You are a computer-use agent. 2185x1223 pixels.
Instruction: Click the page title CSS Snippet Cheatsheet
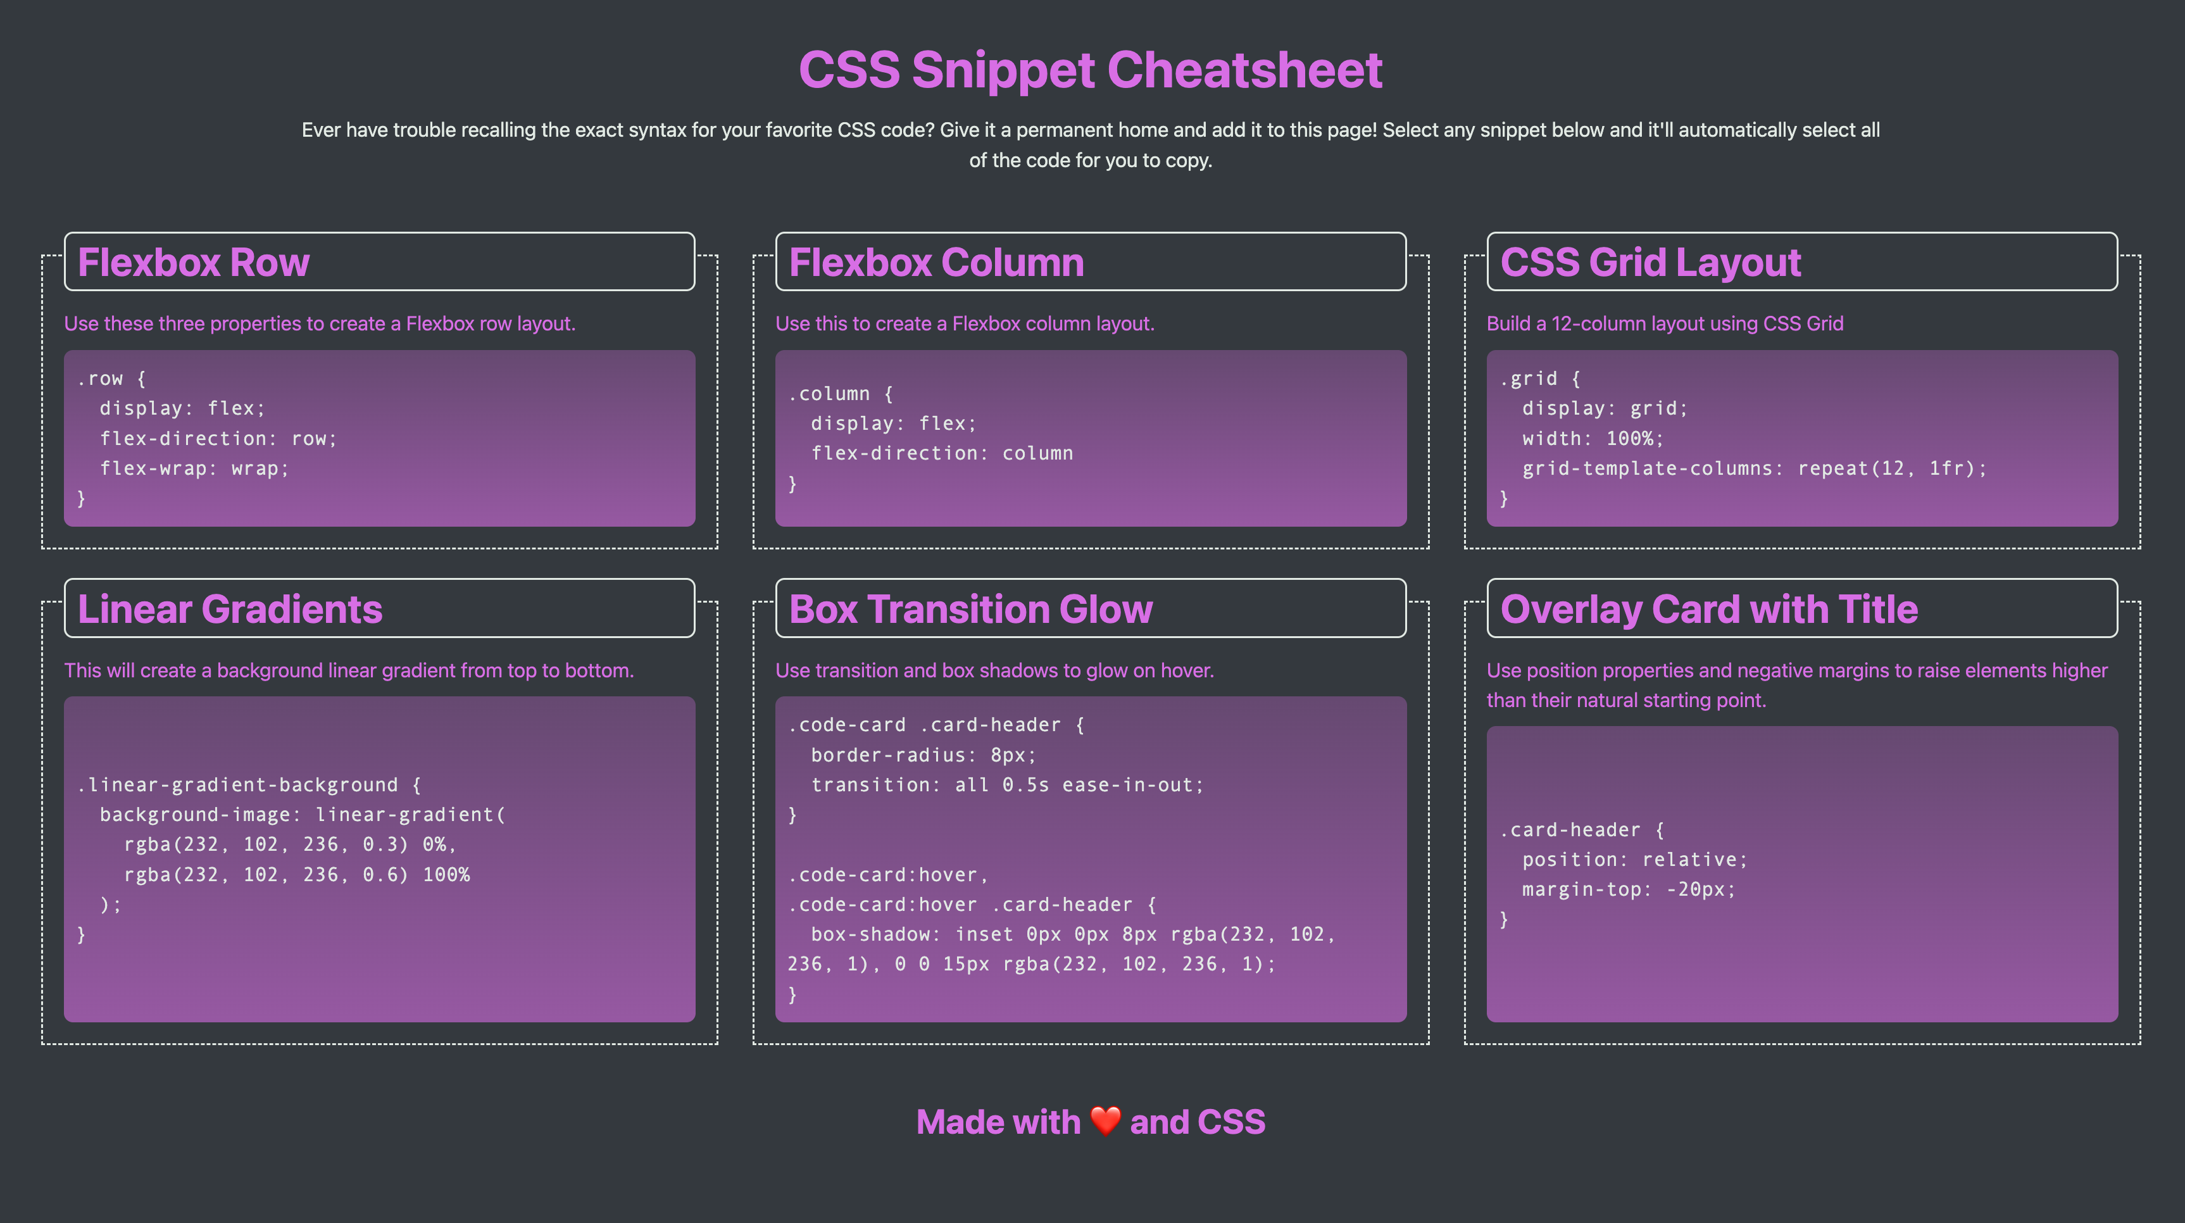pyautogui.click(x=1090, y=70)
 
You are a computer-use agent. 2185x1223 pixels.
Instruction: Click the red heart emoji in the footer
pyautogui.click(x=1105, y=1120)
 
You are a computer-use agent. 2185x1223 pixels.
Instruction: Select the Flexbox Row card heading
pyautogui.click(x=194, y=262)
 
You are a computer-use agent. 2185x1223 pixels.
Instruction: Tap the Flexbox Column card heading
pyautogui.click(x=936, y=262)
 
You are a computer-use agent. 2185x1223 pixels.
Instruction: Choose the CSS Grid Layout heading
pyautogui.click(x=1650, y=262)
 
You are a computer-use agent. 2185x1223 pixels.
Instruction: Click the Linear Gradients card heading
pyautogui.click(x=230, y=609)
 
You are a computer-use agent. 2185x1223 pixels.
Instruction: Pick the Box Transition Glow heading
pyautogui.click(x=970, y=609)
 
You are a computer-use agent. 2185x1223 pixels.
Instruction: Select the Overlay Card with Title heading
pyautogui.click(x=1708, y=609)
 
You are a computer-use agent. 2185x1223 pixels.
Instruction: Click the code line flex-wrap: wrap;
pyautogui.click(x=194, y=468)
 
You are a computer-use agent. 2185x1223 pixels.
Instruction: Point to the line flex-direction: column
pyautogui.click(x=941, y=453)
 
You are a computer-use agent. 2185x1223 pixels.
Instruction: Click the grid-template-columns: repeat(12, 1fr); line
pyautogui.click(x=1753, y=468)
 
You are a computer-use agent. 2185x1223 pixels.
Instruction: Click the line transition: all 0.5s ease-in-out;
pyautogui.click(x=1007, y=784)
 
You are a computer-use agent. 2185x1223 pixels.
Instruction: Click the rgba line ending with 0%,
pyautogui.click(x=290, y=844)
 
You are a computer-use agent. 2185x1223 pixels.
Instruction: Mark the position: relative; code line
pyautogui.click(x=1634, y=859)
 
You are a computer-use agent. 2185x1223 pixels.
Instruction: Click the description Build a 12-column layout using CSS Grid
pyautogui.click(x=1664, y=323)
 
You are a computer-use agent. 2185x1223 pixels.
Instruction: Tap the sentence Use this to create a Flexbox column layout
pyautogui.click(x=965, y=323)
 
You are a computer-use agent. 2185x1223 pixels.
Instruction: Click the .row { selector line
pyautogui.click(x=112, y=379)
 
